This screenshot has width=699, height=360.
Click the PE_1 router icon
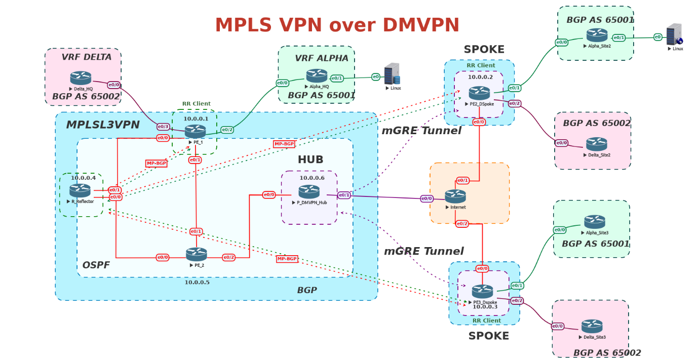(x=196, y=131)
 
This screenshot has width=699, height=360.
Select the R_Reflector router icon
(x=80, y=190)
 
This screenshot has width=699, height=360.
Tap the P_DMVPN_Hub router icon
(x=309, y=191)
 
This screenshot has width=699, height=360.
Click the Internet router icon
(x=455, y=196)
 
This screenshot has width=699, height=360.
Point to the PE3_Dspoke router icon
(x=482, y=291)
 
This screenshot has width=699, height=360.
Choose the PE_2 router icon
(x=197, y=254)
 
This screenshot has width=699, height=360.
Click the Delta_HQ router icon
(x=81, y=78)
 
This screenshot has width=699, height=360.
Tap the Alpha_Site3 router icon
(x=595, y=222)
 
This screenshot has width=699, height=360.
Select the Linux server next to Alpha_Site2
(x=674, y=34)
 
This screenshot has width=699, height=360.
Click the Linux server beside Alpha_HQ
(x=392, y=73)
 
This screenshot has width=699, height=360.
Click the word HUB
(x=310, y=160)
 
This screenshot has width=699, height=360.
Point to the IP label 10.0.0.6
(x=312, y=178)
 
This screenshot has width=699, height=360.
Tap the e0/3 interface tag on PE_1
(x=163, y=127)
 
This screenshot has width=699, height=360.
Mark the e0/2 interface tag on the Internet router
(x=462, y=224)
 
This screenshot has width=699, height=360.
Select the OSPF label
(x=96, y=265)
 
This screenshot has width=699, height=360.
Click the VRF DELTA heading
(x=87, y=57)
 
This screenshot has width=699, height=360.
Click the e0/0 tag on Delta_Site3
(x=558, y=326)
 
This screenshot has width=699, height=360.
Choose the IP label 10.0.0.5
(x=197, y=282)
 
